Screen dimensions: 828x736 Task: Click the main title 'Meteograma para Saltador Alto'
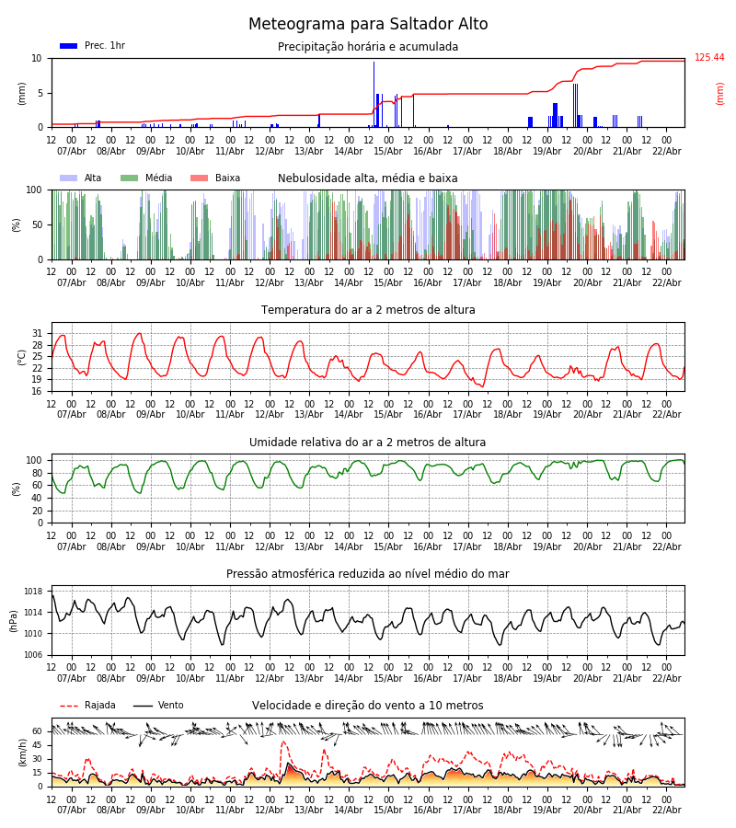368,25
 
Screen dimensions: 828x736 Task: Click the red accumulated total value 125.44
709,58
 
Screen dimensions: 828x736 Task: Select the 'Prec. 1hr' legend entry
93,46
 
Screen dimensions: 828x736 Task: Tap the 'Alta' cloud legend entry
82,178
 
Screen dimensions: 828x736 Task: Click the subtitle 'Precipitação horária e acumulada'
368,47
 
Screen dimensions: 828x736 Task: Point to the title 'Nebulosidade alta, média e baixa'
368,178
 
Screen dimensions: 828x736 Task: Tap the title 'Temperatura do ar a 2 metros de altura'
368,310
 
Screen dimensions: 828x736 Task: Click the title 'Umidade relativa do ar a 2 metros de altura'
368,443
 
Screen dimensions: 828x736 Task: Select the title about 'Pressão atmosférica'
368,574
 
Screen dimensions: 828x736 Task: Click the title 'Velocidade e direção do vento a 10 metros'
368,706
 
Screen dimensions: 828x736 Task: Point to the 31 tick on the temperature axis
37,333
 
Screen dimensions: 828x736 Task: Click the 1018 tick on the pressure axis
33,592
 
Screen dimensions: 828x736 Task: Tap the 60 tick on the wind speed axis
37,731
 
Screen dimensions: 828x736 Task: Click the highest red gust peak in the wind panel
283,742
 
